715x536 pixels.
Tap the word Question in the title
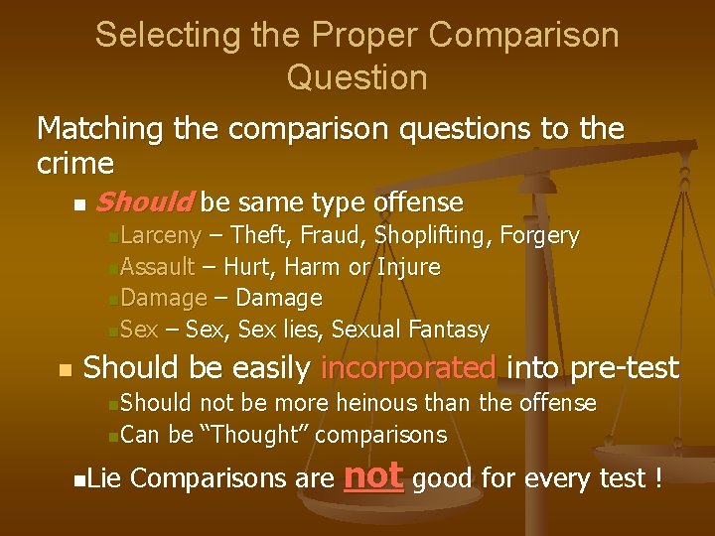click(x=357, y=77)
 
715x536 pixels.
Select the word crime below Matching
click(x=74, y=162)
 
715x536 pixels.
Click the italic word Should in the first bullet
click(x=144, y=203)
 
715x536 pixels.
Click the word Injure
click(x=407, y=267)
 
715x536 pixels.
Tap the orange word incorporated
click(x=408, y=368)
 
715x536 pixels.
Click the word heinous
click(x=378, y=403)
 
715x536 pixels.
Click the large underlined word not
click(x=373, y=475)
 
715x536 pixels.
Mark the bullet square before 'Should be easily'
click(x=65, y=370)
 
